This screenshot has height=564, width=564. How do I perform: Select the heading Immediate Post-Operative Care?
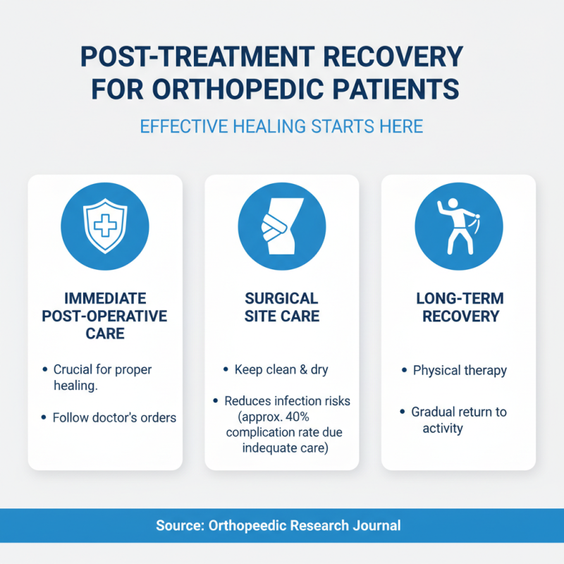tap(104, 315)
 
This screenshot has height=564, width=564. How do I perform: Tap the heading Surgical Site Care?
tap(281, 307)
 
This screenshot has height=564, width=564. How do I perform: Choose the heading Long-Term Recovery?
tap(458, 307)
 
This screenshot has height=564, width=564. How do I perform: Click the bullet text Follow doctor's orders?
tap(114, 417)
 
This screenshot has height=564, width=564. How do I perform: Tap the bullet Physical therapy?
tap(459, 370)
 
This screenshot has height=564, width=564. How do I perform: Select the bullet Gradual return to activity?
tap(459, 419)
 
